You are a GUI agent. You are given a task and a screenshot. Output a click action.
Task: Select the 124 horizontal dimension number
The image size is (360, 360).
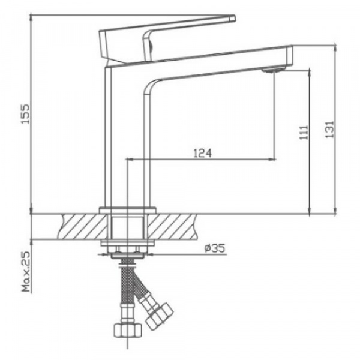(202, 154)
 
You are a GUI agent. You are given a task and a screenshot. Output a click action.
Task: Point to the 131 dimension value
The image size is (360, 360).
(329, 127)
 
